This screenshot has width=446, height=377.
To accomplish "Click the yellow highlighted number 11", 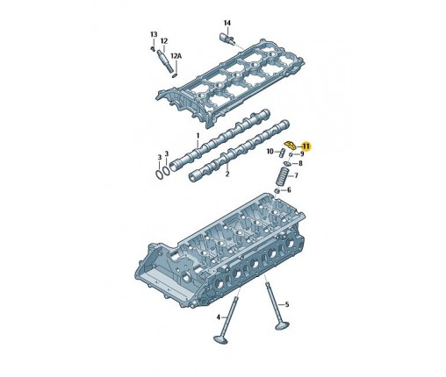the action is point(306,146).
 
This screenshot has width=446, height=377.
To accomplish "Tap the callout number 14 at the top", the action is point(227,23).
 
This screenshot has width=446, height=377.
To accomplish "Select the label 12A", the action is point(176,55).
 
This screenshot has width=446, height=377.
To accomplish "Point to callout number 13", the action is point(154,34).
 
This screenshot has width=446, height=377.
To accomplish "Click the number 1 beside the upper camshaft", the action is point(198,136).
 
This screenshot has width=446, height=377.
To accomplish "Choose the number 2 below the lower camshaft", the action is point(227,174).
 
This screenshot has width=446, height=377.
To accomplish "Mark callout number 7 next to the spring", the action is point(296,175).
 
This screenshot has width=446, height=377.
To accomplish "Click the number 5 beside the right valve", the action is point(287,304).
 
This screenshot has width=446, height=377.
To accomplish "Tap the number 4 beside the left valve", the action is point(219,317).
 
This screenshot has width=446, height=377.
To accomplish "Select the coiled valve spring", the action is point(283,176).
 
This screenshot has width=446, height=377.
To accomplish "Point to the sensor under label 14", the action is point(227,39).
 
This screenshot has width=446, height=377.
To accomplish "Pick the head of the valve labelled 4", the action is point(220,339).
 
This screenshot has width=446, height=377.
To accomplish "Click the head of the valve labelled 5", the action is point(282,325).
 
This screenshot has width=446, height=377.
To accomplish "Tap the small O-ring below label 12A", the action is point(175,75).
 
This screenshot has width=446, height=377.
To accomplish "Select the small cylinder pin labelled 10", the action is point(283,153).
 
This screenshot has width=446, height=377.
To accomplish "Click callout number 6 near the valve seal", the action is point(289,190).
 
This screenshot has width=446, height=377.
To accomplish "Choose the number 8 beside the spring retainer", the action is point(300,163).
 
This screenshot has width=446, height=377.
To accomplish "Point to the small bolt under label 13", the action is point(153,48).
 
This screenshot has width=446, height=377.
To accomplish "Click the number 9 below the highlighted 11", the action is point(302,153).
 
